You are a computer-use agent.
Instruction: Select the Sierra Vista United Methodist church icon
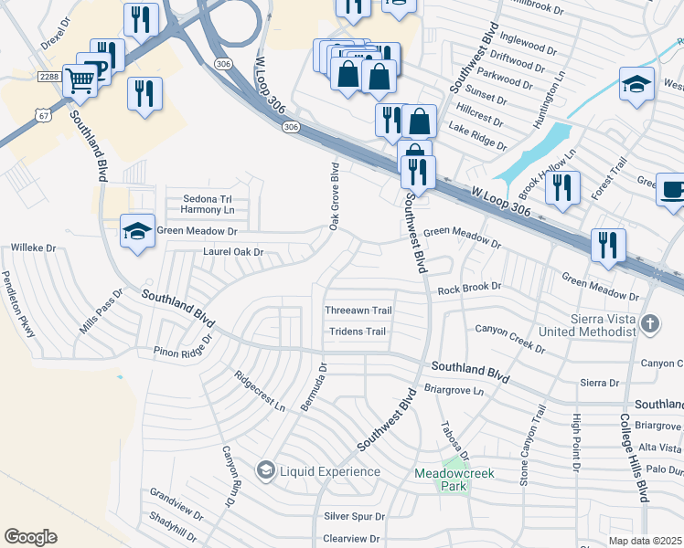click(649, 323)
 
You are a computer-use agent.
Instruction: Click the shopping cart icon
click(80, 81)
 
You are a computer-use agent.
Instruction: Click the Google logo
click(30, 537)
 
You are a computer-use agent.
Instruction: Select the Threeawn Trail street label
click(358, 311)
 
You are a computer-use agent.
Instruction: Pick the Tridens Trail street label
click(358, 332)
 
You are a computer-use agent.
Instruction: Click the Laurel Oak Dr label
click(233, 251)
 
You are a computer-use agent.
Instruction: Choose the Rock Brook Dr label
click(469, 288)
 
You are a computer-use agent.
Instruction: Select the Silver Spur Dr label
click(355, 516)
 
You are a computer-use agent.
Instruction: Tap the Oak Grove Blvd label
click(335, 196)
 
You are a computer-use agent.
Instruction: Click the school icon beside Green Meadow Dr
click(137, 231)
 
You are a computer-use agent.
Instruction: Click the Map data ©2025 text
click(646, 541)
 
